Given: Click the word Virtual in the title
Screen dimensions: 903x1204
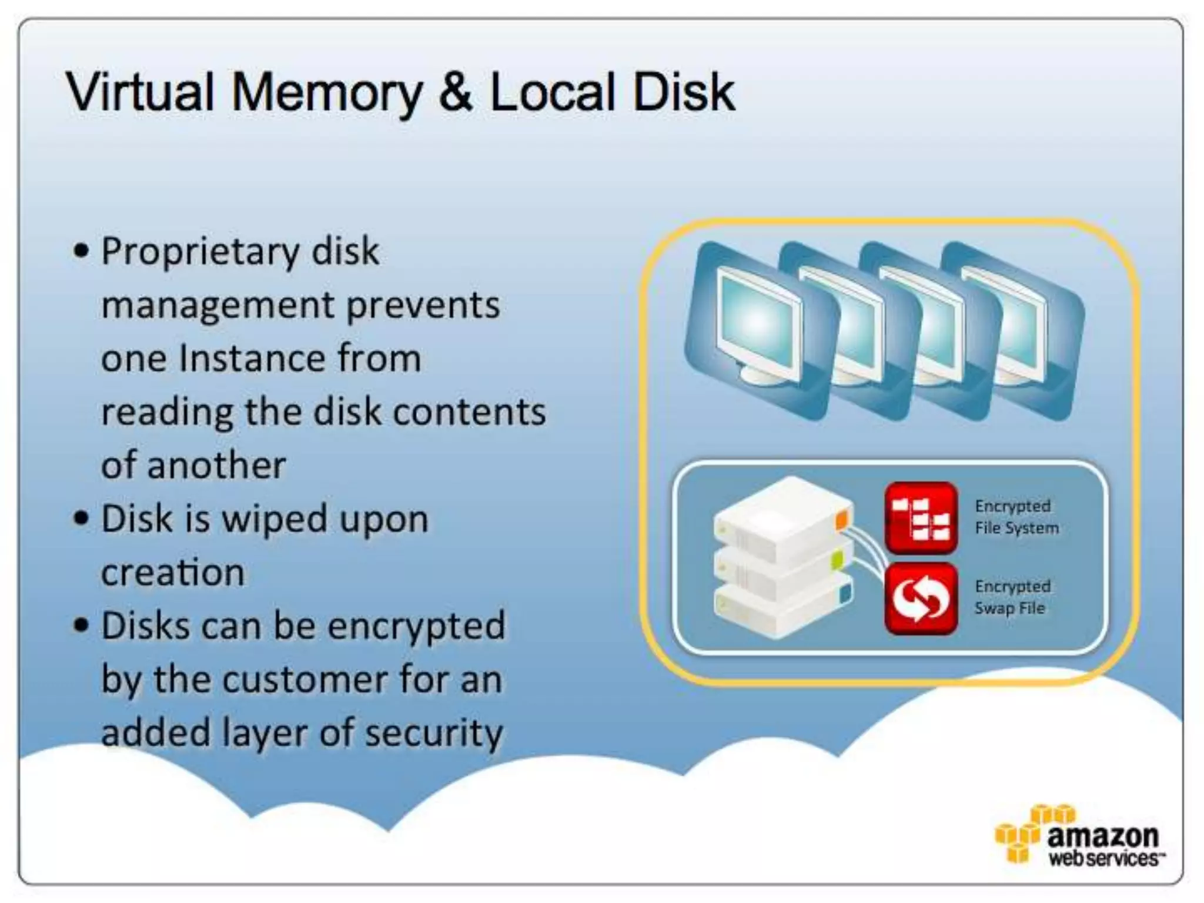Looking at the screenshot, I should (140, 92).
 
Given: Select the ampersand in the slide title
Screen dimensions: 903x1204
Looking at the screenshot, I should (456, 92).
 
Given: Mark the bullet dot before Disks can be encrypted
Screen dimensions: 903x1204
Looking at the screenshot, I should (81, 626).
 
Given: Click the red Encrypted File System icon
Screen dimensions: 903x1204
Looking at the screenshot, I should (921, 518).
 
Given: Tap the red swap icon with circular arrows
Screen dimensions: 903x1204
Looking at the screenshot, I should (921, 598).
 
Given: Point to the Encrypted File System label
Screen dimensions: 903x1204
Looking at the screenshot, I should (1016, 517).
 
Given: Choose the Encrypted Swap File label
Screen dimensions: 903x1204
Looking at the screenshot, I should (1012, 597).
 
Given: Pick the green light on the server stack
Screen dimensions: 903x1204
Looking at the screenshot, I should (838, 560).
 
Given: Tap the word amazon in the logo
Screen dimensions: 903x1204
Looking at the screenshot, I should (1102, 836).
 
